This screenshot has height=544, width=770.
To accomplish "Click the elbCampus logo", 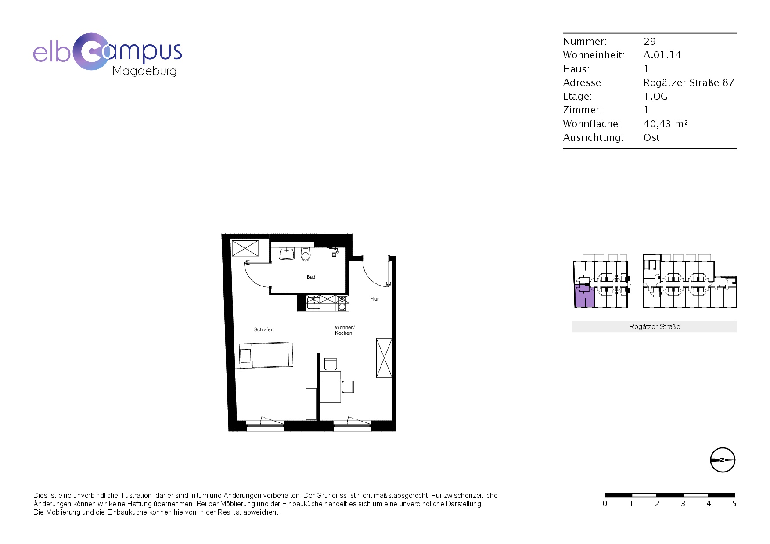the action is click(108, 54).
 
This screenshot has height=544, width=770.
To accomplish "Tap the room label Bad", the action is click(311, 277).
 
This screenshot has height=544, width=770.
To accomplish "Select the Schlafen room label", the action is click(264, 329).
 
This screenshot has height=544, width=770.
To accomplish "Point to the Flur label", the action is click(374, 299).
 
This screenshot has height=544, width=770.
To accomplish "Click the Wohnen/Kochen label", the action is click(345, 330).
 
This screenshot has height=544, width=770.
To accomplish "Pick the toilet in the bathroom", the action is click(306, 254).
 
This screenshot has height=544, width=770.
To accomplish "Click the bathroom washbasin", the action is click(287, 254).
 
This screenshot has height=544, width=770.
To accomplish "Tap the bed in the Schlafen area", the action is click(264, 355).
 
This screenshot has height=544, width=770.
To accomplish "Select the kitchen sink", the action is click(313, 302).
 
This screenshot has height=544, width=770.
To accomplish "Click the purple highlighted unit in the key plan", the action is click(584, 296).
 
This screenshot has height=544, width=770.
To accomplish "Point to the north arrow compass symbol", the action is click(723, 460).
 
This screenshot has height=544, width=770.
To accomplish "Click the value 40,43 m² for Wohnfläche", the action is click(666, 124).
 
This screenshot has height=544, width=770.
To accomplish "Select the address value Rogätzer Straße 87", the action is click(689, 82).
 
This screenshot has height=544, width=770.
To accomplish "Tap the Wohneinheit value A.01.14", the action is click(662, 55).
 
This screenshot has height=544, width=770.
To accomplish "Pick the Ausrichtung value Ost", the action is click(651, 137).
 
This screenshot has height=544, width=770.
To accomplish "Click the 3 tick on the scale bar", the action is click(683, 504).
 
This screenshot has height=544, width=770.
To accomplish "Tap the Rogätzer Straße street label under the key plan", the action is click(655, 326).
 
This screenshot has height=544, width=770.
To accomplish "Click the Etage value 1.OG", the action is click(655, 96).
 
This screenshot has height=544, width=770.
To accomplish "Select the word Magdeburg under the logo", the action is click(144, 72).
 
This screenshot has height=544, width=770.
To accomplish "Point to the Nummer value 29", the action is click(650, 41).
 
